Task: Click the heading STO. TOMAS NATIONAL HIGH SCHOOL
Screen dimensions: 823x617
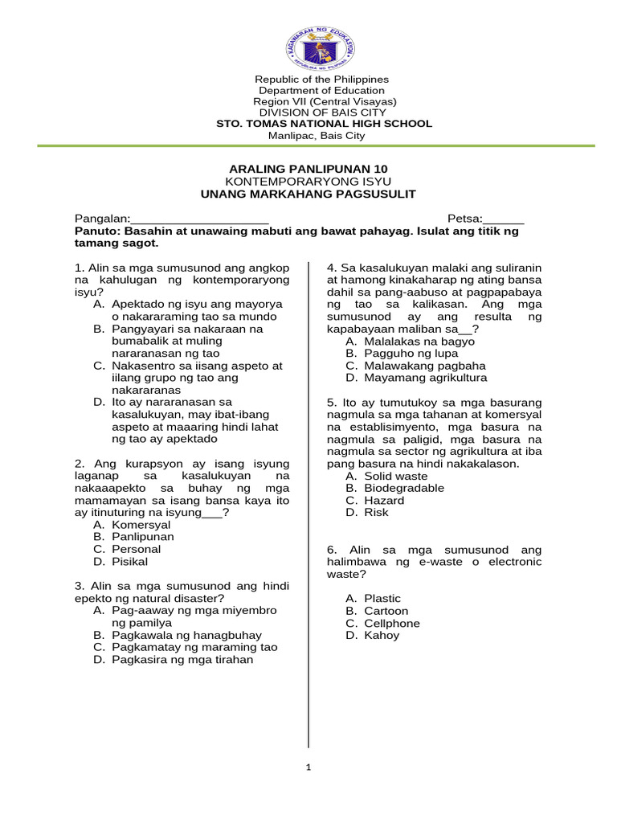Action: [x=325, y=124]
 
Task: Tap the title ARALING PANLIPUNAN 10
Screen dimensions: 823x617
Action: [x=308, y=169]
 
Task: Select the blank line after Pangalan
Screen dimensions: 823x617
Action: [x=199, y=219]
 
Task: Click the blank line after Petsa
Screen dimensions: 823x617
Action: [x=503, y=219]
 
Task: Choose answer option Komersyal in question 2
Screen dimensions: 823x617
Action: [x=141, y=525]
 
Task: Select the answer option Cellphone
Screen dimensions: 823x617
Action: [x=391, y=623]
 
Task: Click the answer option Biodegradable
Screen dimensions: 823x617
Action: [x=403, y=488]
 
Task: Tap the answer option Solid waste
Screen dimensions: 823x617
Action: [x=395, y=476]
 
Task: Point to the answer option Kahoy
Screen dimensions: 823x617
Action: [x=381, y=635]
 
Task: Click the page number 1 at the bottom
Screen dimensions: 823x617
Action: [x=308, y=768]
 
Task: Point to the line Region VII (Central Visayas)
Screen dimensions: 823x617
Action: [x=325, y=101]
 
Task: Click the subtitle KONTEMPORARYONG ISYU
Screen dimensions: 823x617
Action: [x=308, y=182]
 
